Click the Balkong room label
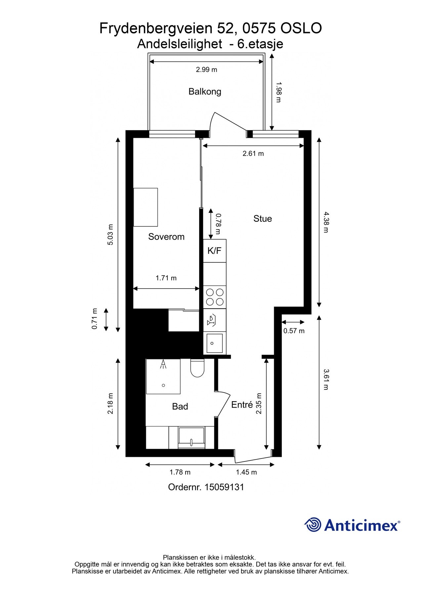click(x=205, y=92)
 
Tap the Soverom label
click(x=166, y=237)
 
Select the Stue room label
click(x=263, y=218)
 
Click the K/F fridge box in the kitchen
click(x=214, y=251)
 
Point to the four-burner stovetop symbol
click(x=215, y=297)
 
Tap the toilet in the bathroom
click(x=197, y=368)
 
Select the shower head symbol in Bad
click(x=163, y=365)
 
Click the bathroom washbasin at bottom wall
click(x=191, y=437)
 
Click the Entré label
click(x=242, y=405)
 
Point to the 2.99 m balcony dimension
click(x=206, y=70)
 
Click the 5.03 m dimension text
click(x=110, y=234)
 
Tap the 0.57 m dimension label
click(x=294, y=331)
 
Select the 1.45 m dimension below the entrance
click(x=246, y=472)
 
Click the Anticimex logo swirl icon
click(x=313, y=525)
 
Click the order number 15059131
click(x=224, y=487)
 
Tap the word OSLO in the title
click(x=301, y=28)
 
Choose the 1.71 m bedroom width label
click(x=166, y=278)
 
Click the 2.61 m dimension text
click(x=253, y=153)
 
